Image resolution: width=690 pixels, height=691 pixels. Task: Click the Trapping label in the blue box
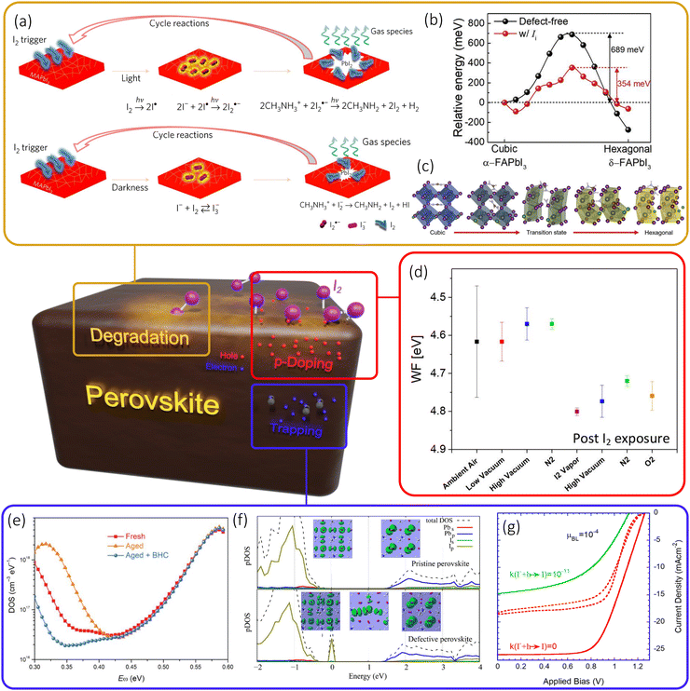pyautogui.click(x=297, y=429)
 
